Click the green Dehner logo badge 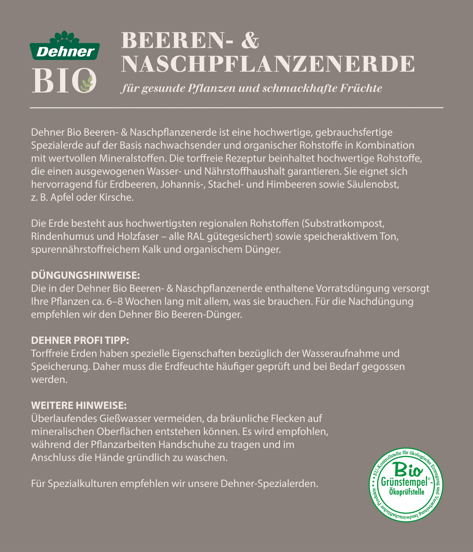(x=65, y=51)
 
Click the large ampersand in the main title (x=250, y=41)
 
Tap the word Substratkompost (x=343, y=223)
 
